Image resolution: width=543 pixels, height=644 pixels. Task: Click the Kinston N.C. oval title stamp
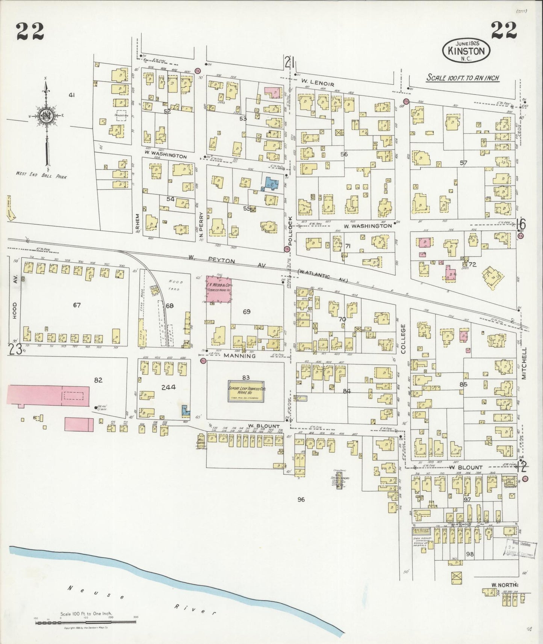467,50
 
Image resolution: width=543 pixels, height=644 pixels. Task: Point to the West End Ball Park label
41,175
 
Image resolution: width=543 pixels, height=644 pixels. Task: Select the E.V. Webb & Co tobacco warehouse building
218,289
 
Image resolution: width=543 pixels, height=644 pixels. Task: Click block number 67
77,305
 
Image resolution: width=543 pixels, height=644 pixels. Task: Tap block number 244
168,387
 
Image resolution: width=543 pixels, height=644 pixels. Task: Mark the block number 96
301,499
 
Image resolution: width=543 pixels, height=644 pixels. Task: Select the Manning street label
240,355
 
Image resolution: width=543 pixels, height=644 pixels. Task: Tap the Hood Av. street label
15,310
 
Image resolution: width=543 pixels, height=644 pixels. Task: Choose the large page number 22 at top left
30,31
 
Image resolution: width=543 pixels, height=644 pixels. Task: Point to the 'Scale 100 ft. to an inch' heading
463,78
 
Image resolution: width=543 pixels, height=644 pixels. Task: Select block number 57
463,163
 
